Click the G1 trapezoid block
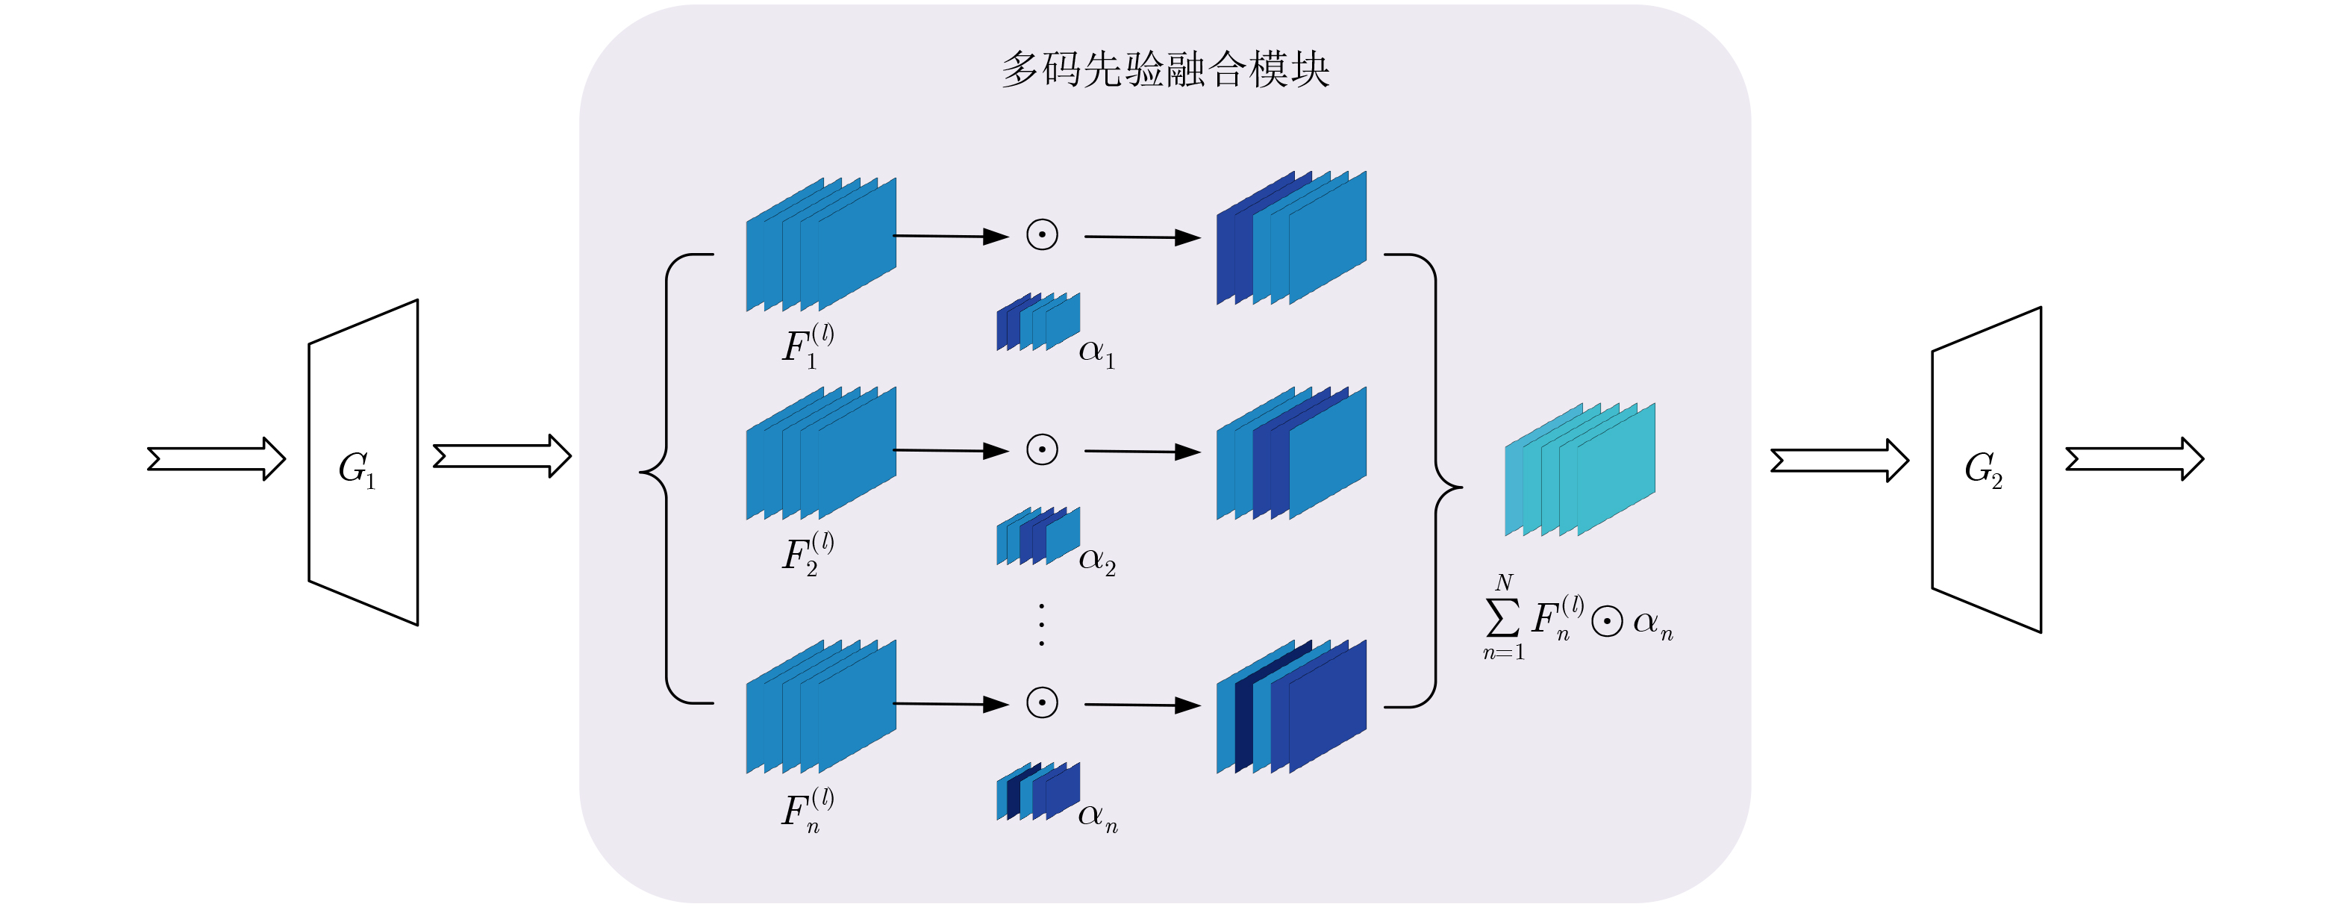tap(363, 464)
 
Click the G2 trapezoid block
tap(1986, 470)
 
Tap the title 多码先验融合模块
tap(1166, 69)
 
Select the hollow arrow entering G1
tap(216, 458)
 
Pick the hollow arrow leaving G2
tap(2134, 459)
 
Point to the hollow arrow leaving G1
tap(502, 456)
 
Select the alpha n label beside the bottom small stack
tap(1097, 816)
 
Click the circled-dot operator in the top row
tap(1042, 235)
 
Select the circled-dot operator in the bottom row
tap(1042, 702)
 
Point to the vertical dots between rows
tap(1041, 625)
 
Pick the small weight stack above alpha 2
tap(1037, 536)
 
